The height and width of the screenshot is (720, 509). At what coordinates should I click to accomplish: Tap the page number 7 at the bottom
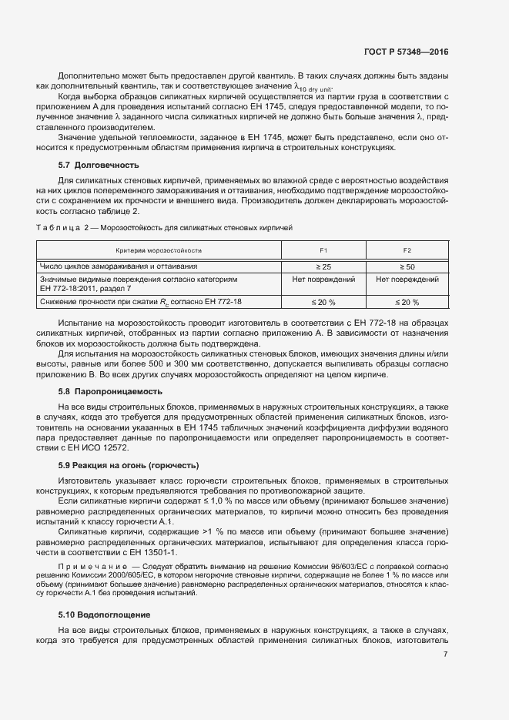[445, 655]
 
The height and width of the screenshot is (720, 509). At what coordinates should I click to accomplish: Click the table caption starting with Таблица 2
[164, 228]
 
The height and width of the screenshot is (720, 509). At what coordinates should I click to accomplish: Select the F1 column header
[323, 250]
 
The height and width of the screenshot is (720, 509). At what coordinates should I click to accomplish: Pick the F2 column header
[407, 250]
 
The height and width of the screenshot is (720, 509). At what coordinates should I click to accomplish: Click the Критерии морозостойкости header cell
[159, 250]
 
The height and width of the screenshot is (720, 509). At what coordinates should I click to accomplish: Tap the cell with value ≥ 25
[323, 265]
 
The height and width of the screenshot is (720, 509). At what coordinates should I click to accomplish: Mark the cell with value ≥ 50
[407, 265]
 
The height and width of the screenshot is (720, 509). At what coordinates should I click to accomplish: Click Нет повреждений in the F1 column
[323, 279]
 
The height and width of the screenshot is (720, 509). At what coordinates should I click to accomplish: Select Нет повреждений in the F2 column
[407, 279]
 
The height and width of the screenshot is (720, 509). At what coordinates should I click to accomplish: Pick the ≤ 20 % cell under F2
[407, 302]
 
